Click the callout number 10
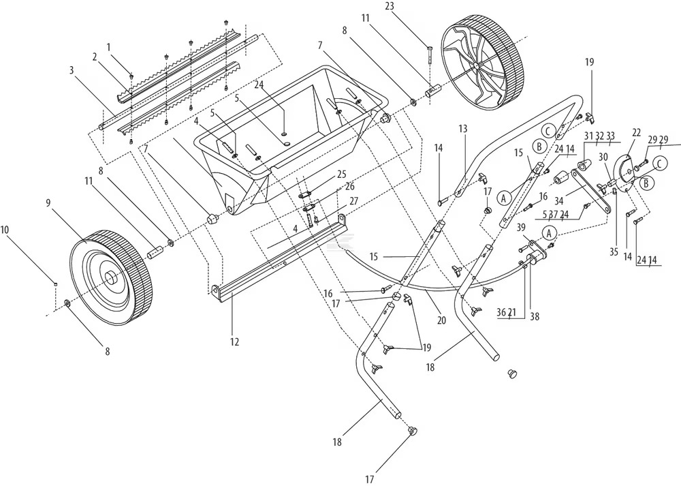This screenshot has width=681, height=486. [x=6, y=230]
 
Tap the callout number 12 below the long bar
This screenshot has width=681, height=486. [x=234, y=341]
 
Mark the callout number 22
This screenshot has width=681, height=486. [x=637, y=132]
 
